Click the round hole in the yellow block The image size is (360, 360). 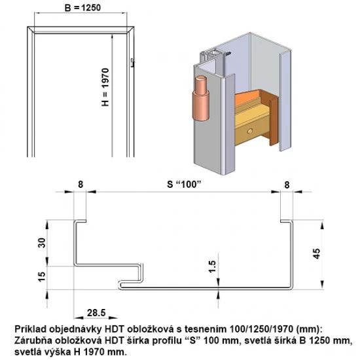249,132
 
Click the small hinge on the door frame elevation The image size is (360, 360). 132,63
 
